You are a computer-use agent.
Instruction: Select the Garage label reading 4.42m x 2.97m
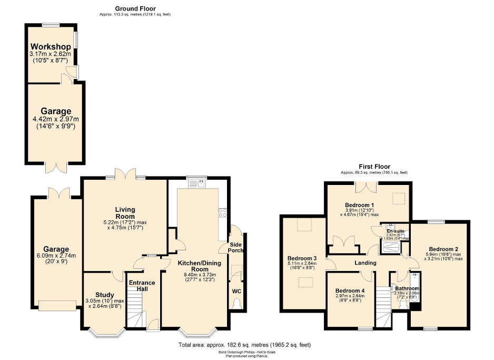56,112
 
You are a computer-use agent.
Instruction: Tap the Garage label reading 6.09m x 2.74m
56,249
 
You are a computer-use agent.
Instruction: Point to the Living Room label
125,212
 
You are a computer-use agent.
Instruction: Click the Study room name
105,295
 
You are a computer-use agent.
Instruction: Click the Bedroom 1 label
359,205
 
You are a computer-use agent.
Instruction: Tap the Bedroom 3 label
298,258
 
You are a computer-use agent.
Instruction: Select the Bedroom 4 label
350,291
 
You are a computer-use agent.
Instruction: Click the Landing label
365,262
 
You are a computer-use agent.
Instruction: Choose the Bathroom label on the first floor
407,288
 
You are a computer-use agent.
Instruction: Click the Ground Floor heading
135,9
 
